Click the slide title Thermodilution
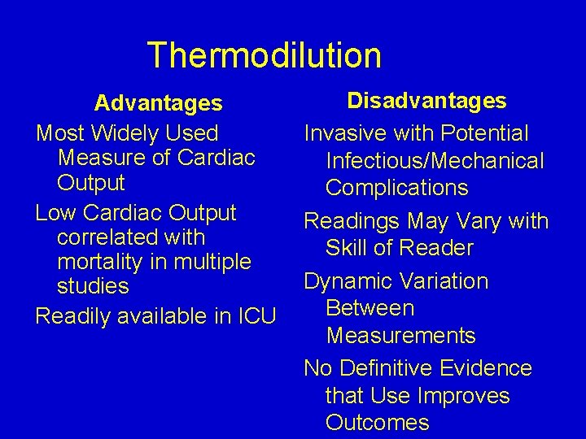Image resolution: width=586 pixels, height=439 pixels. [x=264, y=55]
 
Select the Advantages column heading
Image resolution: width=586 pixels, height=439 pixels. [x=158, y=103]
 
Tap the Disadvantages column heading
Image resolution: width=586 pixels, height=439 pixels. [x=426, y=101]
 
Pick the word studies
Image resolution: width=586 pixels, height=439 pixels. [x=93, y=286]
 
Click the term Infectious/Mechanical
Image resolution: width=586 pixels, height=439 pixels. [x=435, y=161]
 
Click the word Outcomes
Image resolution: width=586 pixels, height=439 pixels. [x=377, y=423]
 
